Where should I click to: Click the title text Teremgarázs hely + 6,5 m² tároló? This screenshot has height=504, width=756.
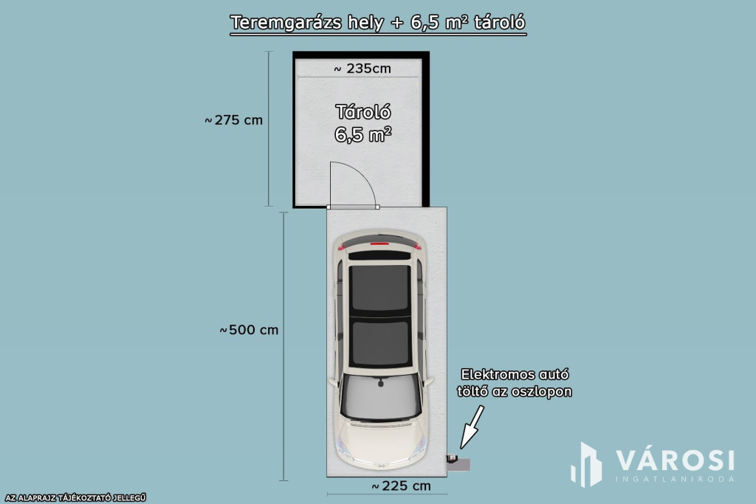tap(378, 22)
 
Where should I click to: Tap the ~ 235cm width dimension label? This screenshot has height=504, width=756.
tap(362, 69)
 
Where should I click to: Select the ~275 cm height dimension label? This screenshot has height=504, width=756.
tap(233, 120)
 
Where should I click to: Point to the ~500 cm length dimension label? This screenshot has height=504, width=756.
tap(249, 330)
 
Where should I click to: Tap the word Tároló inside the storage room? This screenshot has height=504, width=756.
tap(362, 112)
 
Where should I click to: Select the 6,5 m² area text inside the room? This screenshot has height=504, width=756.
tap(362, 135)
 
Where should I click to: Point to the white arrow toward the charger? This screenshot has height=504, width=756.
tap(472, 428)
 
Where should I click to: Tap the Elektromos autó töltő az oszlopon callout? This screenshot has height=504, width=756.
tap(516, 382)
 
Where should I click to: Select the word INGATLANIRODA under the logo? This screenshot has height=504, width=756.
tap(675, 478)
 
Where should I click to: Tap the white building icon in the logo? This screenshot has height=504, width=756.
tap(587, 465)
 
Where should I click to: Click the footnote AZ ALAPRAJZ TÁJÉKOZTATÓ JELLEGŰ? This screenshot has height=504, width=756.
tap(73, 498)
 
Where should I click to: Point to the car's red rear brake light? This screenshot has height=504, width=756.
tap(380, 243)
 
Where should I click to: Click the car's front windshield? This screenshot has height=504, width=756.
tap(380, 398)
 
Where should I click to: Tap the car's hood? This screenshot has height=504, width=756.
tap(380, 443)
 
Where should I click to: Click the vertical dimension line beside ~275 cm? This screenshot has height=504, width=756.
tap(269, 129)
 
